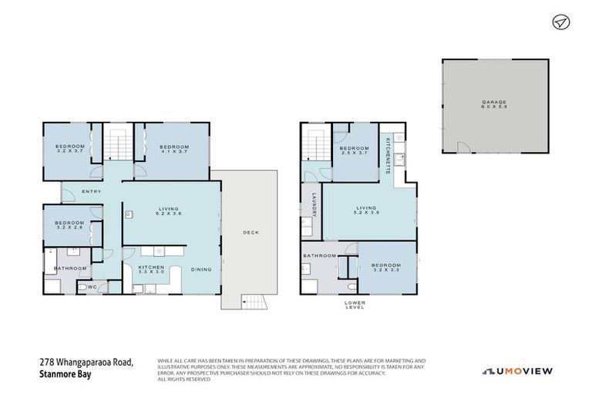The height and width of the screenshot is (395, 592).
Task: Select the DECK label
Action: [x=251, y=232]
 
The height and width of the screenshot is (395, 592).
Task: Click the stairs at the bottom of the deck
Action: [x=252, y=302]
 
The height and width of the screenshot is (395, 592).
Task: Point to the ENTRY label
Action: [x=91, y=191]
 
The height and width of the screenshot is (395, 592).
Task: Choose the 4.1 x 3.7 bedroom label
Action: [x=174, y=149]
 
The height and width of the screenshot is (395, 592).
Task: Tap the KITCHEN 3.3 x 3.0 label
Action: [x=152, y=269]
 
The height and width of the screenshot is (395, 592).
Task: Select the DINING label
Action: [x=202, y=269]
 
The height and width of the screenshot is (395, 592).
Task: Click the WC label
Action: [x=91, y=288]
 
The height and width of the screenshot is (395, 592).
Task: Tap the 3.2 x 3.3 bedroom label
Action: [x=388, y=266]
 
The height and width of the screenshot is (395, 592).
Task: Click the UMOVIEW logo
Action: [x=518, y=371]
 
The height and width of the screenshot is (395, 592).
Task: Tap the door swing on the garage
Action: [x=462, y=147]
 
